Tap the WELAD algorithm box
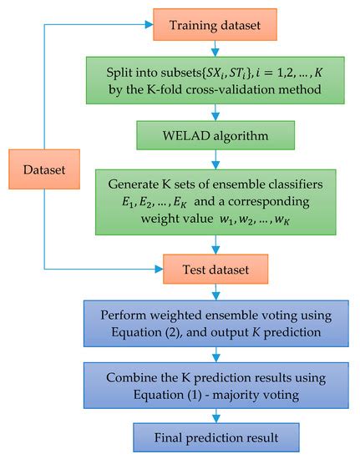[x=216, y=133]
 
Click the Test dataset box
[x=216, y=270]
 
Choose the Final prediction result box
[x=216, y=435]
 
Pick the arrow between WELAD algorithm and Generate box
[x=216, y=153]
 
